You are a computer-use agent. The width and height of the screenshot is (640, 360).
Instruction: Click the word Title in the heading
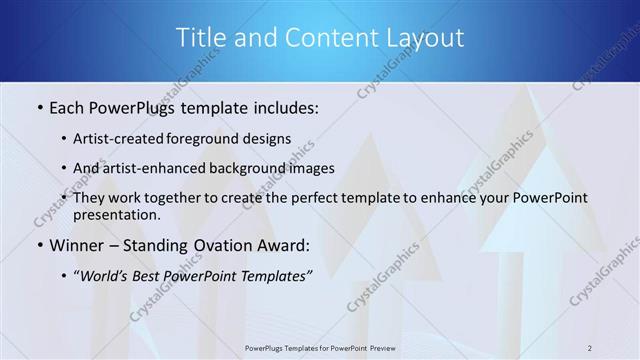200,38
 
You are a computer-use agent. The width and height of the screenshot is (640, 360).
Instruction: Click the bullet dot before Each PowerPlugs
39,105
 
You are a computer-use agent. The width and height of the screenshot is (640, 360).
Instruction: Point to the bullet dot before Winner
39,245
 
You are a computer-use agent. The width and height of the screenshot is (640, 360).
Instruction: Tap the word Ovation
231,245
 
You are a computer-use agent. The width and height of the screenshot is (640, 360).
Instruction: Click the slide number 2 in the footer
590,347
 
